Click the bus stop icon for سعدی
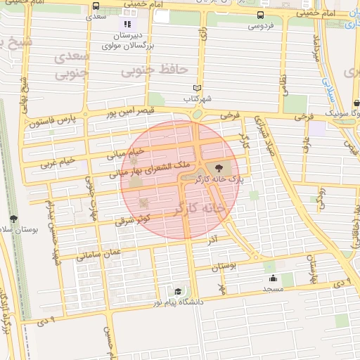(x=96, y=6)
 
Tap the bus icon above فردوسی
(x=261, y=15)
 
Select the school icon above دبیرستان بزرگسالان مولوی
(x=127, y=24)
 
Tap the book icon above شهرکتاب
(x=198, y=88)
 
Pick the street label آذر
(x=212, y=240)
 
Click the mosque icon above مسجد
(x=272, y=278)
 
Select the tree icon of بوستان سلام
(x=14, y=220)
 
